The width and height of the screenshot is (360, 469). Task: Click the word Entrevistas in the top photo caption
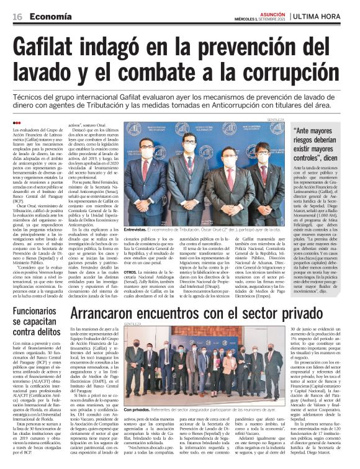click(x=139, y=229)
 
